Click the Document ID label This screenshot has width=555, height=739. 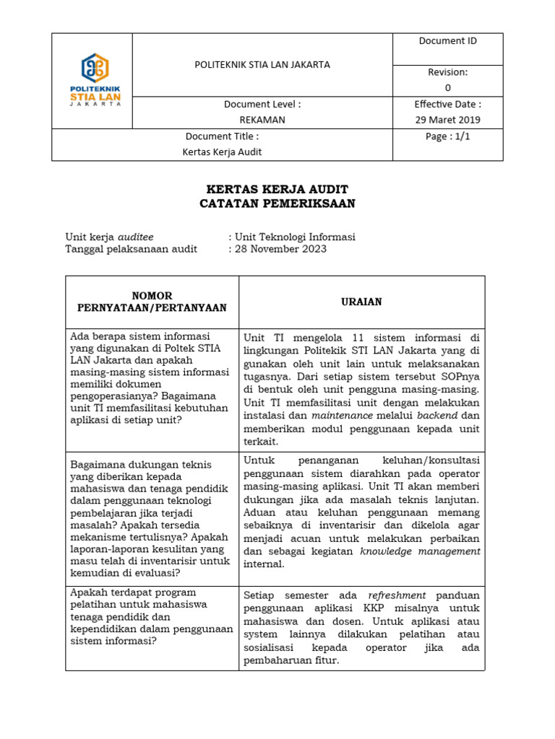447,41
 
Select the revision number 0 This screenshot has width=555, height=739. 447,87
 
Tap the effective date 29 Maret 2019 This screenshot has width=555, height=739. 447,120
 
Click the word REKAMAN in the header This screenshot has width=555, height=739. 262,120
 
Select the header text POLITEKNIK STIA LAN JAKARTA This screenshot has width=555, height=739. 262,64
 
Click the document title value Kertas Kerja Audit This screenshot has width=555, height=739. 222,152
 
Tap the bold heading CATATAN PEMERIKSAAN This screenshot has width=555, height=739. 277,204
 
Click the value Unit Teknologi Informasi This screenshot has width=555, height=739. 295,237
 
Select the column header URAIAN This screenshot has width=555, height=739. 362,302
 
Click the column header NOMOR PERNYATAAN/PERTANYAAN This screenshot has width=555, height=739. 152,302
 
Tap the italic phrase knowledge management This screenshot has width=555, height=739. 420,551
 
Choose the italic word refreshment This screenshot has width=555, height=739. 397,595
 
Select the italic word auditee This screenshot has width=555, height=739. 136,237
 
